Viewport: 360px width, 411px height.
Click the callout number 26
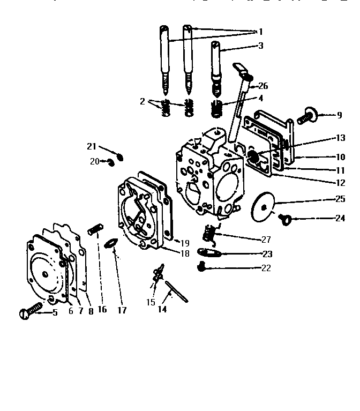point(263,86)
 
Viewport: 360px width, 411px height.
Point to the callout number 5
point(55,313)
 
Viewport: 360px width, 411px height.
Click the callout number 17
point(122,310)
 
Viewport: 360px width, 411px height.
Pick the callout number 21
point(92,146)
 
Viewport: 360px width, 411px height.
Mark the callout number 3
point(260,46)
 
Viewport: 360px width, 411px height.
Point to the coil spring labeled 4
point(217,109)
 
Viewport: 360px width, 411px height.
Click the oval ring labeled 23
point(208,252)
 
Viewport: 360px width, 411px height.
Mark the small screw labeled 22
point(202,265)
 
